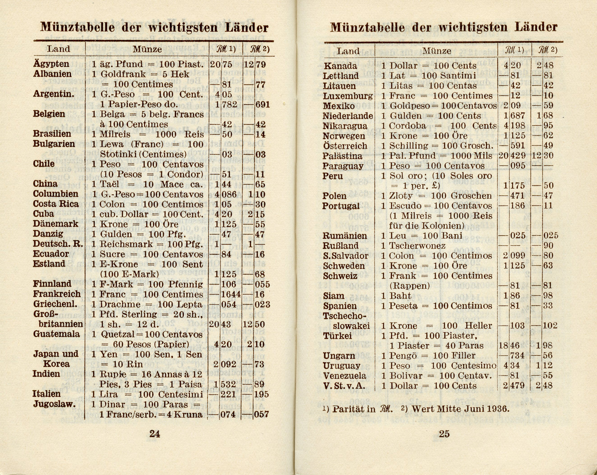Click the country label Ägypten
coord(51,64)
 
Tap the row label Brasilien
coord(52,134)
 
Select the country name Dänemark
coord(55,224)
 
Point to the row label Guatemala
coord(56,334)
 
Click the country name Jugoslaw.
coord(54,404)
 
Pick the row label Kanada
coord(340,66)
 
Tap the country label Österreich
coord(345,146)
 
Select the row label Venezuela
coord(345,376)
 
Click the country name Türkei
coord(337,336)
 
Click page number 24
coord(155,434)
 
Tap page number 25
coord(444,434)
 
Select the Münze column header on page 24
coord(147,49)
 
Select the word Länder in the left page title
coord(245,27)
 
